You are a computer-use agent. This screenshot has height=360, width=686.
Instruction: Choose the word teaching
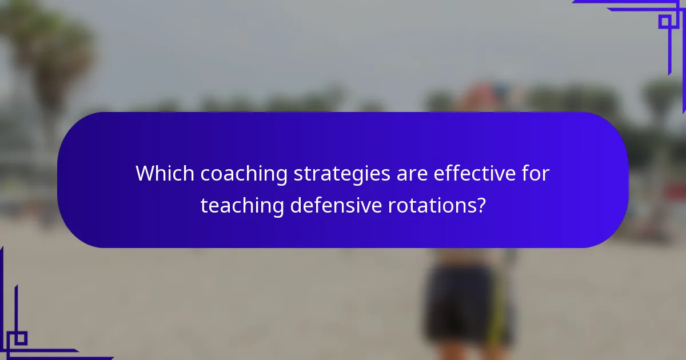click(242, 205)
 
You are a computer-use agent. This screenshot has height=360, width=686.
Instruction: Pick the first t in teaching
click(204, 205)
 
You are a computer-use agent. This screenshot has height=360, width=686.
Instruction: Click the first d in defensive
click(296, 205)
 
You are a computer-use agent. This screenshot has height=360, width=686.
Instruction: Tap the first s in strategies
click(298, 174)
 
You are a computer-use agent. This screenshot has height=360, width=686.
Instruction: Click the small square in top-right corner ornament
click(665, 22)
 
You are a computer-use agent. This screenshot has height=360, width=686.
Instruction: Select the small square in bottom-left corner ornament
click(21, 338)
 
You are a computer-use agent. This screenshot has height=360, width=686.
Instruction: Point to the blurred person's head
click(486, 97)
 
